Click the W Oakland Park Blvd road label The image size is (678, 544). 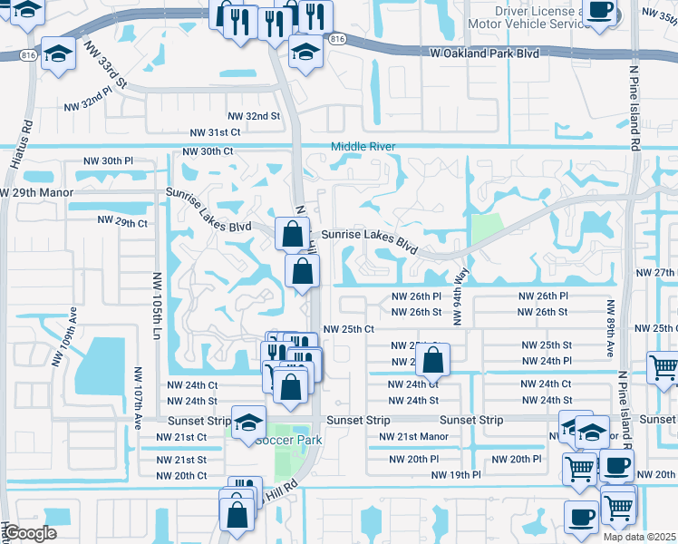[484, 53]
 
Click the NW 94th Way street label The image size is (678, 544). [460, 296]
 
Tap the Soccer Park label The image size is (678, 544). [288, 440]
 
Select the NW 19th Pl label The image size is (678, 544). [456, 474]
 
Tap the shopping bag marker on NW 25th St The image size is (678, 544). [434, 359]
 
